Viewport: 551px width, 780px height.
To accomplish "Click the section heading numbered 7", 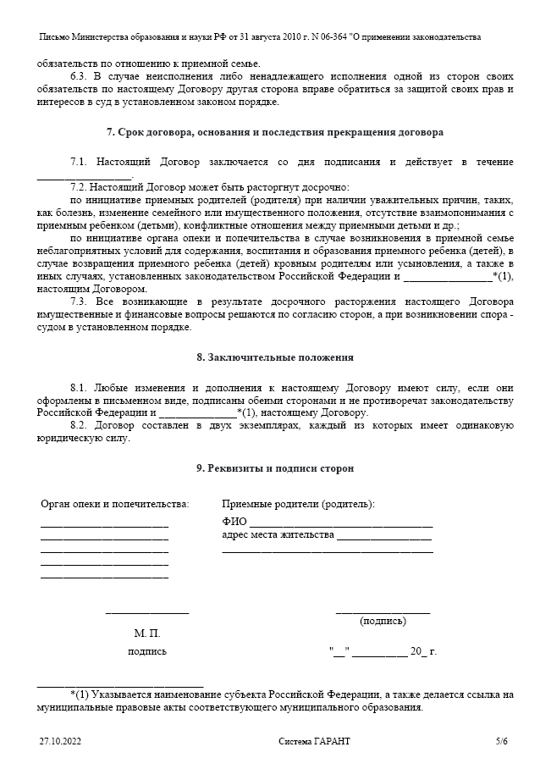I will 275,132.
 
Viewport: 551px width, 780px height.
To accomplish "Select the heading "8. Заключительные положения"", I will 275,357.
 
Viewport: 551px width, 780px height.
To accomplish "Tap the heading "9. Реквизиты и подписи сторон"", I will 275,467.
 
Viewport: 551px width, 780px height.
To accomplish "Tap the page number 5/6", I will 502,741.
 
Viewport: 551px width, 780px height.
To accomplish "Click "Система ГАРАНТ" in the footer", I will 314,741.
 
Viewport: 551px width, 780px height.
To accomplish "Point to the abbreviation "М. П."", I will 146,633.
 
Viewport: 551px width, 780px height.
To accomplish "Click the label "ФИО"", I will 234,522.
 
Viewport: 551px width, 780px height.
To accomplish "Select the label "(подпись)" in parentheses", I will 383,621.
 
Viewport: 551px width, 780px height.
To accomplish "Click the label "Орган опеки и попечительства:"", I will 115,504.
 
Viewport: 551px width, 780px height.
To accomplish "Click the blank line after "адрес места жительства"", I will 384,538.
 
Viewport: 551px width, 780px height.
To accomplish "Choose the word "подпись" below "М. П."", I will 146,651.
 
